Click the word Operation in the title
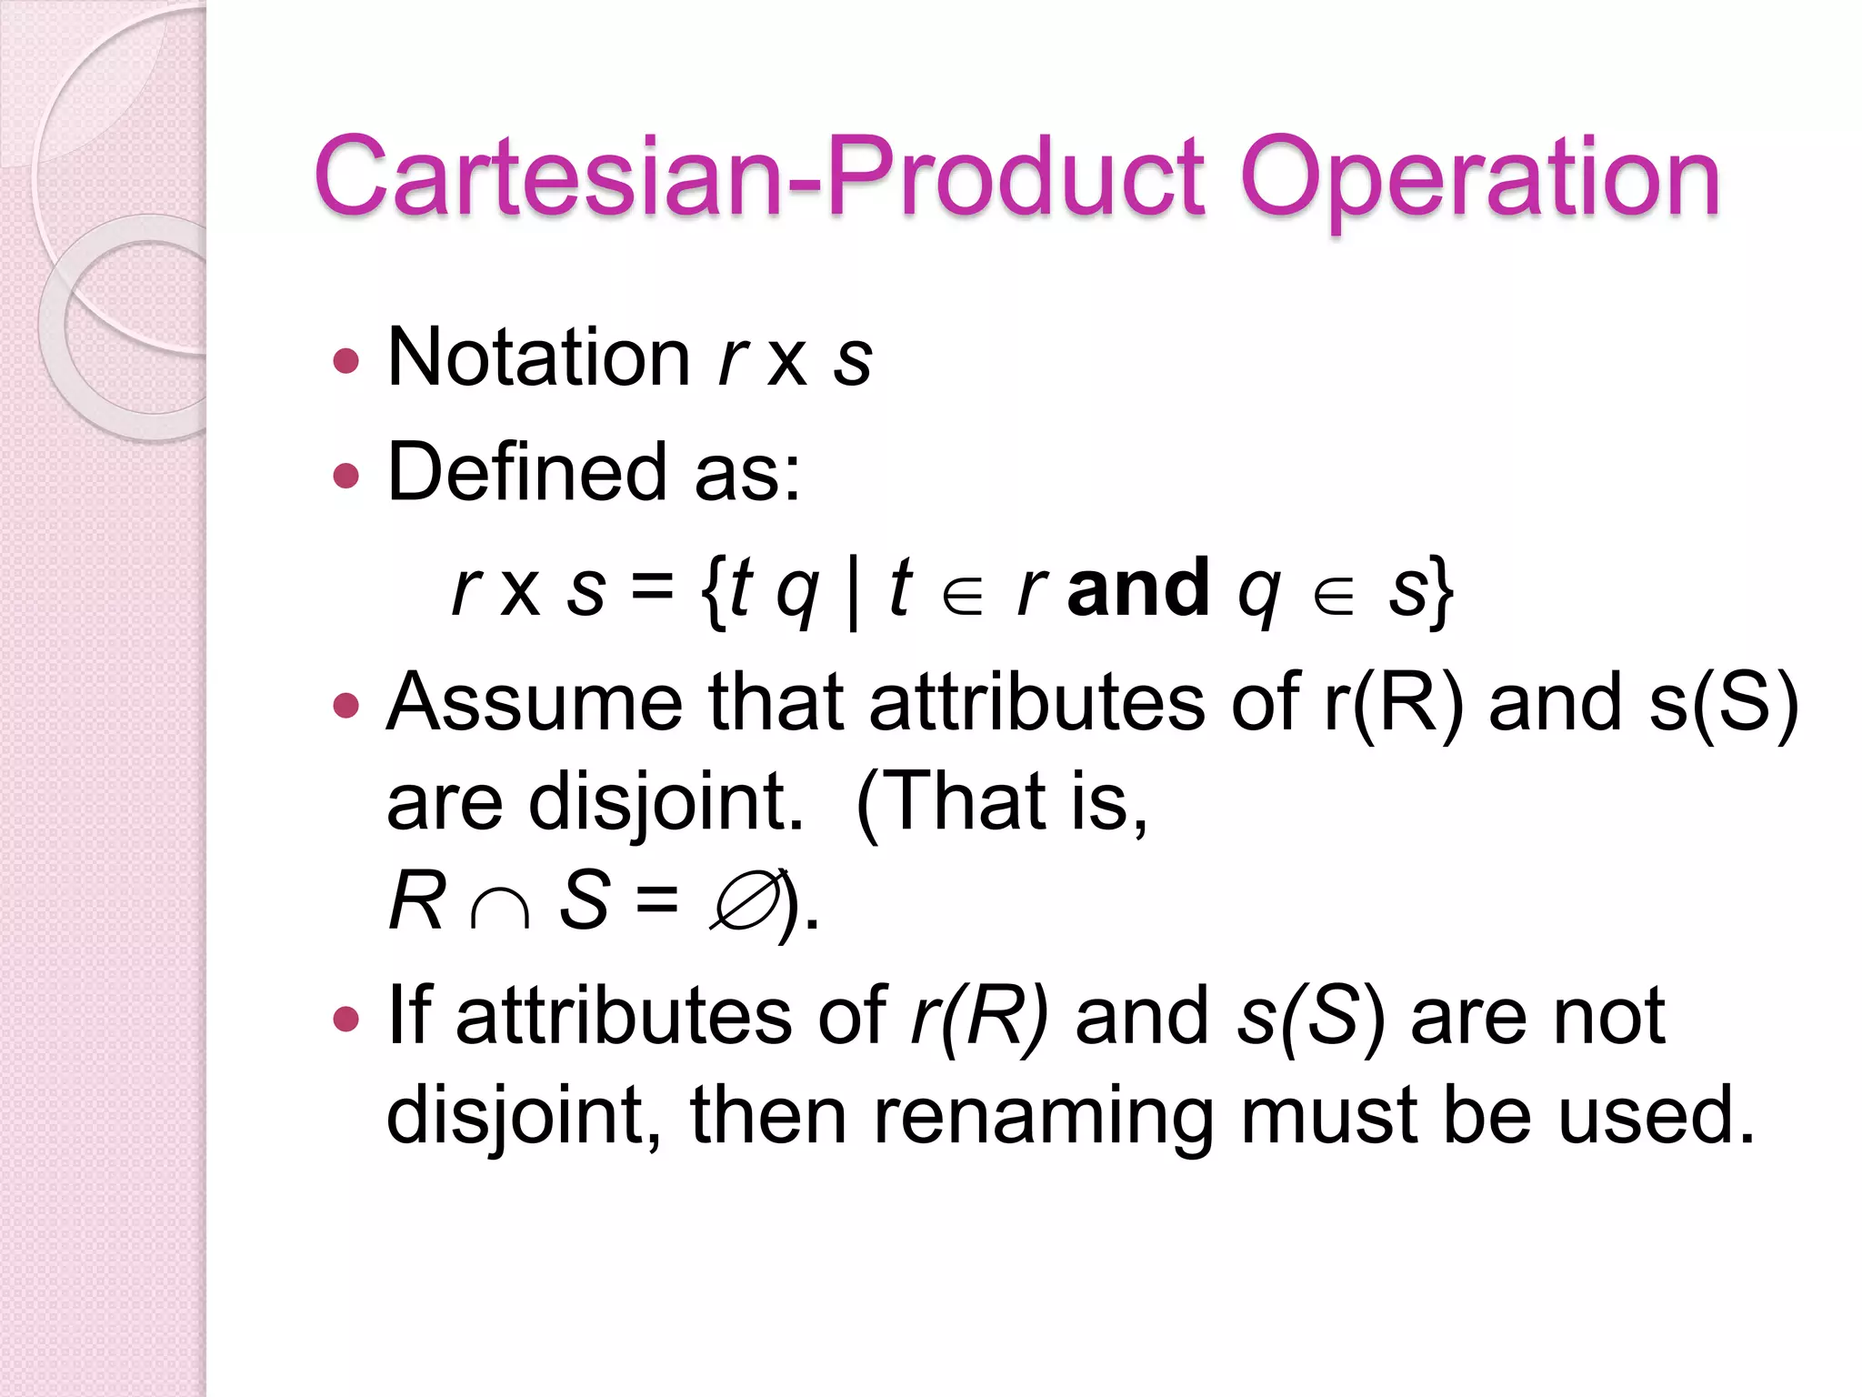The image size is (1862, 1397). [1479, 179]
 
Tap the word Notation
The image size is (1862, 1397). [538, 357]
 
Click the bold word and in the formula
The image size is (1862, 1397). [1138, 588]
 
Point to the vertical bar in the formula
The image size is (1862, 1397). [852, 591]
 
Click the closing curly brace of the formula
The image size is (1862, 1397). [1440, 591]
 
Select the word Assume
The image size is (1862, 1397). [534, 702]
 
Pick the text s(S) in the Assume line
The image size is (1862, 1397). [1723, 704]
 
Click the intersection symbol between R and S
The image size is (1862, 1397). [500, 906]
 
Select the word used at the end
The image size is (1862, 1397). [1654, 1115]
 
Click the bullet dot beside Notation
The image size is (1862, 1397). [346, 361]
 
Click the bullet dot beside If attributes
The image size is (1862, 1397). [346, 1018]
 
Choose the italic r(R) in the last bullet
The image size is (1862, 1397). [980, 1017]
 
